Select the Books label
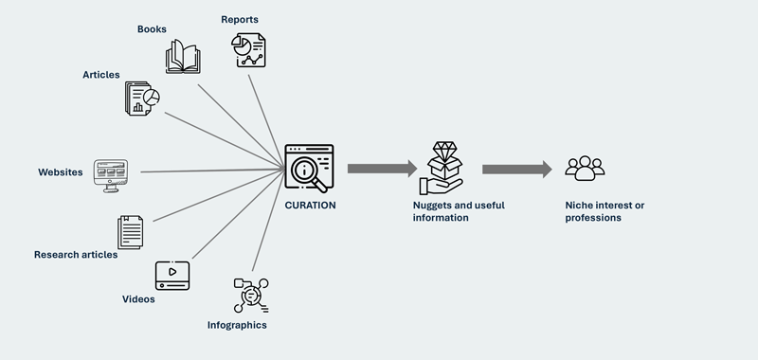point(152,29)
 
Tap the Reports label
point(240,19)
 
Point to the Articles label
point(100,74)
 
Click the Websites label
point(61,172)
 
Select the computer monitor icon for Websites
point(112,174)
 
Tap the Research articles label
point(76,254)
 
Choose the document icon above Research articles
point(131,231)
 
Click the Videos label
point(138,298)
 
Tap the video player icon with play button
point(173,275)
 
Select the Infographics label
point(237,325)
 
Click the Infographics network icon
point(250,295)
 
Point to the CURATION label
point(311,203)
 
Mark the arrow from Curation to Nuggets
point(382,169)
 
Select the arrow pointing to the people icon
point(516,170)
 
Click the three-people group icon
point(585,169)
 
